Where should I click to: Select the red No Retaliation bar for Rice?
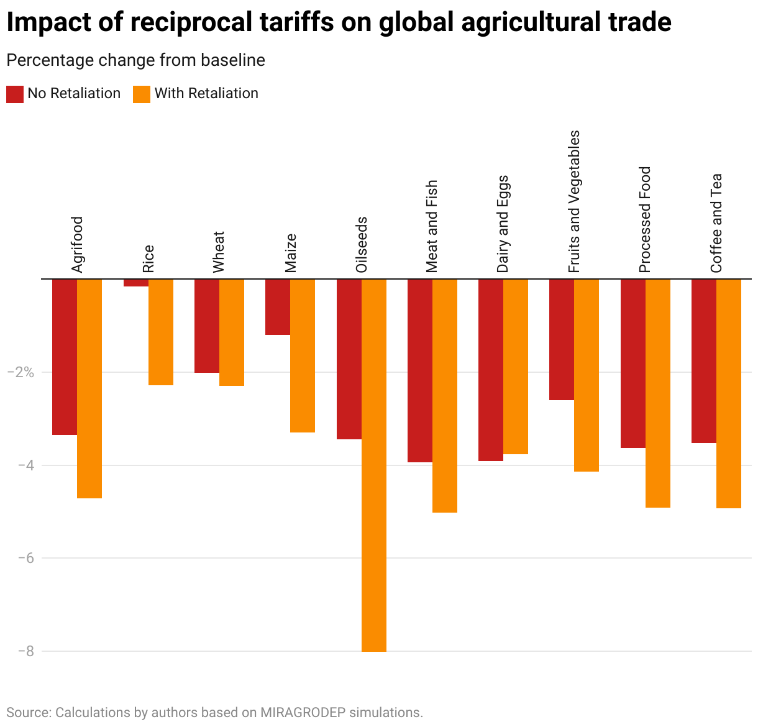136,283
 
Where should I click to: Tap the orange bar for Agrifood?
89,388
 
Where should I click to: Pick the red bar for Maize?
278,307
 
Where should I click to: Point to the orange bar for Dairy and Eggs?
516,367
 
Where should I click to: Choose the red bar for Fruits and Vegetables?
562,339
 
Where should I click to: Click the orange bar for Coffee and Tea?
729,393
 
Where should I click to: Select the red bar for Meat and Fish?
420,370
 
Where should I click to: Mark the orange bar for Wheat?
232,332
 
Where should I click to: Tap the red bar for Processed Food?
633,363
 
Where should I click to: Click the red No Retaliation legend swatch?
15,94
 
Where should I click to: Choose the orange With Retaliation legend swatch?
142,94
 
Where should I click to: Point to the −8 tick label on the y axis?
25,651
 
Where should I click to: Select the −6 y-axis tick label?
25,558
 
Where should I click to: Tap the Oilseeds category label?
362,244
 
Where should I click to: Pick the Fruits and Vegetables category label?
574,201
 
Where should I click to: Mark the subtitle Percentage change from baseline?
135,60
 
